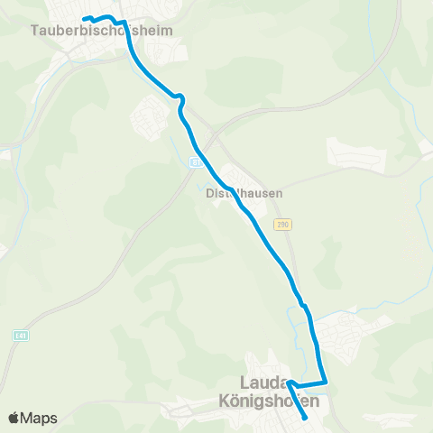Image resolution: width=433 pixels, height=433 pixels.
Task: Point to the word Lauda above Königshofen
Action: tap(264, 383)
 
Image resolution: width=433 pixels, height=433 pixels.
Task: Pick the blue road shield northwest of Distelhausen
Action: tap(195, 162)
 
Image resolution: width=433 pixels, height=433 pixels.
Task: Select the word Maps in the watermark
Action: tap(39, 418)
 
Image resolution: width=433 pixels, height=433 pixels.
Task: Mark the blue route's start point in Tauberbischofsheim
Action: tap(84, 19)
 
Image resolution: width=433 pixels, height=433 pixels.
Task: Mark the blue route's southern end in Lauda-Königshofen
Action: tap(307, 417)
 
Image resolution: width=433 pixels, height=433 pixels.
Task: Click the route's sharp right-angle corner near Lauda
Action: tap(325, 383)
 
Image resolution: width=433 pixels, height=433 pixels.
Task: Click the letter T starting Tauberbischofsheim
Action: tap(34, 30)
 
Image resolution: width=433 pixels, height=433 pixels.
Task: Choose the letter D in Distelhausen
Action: tap(209, 193)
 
